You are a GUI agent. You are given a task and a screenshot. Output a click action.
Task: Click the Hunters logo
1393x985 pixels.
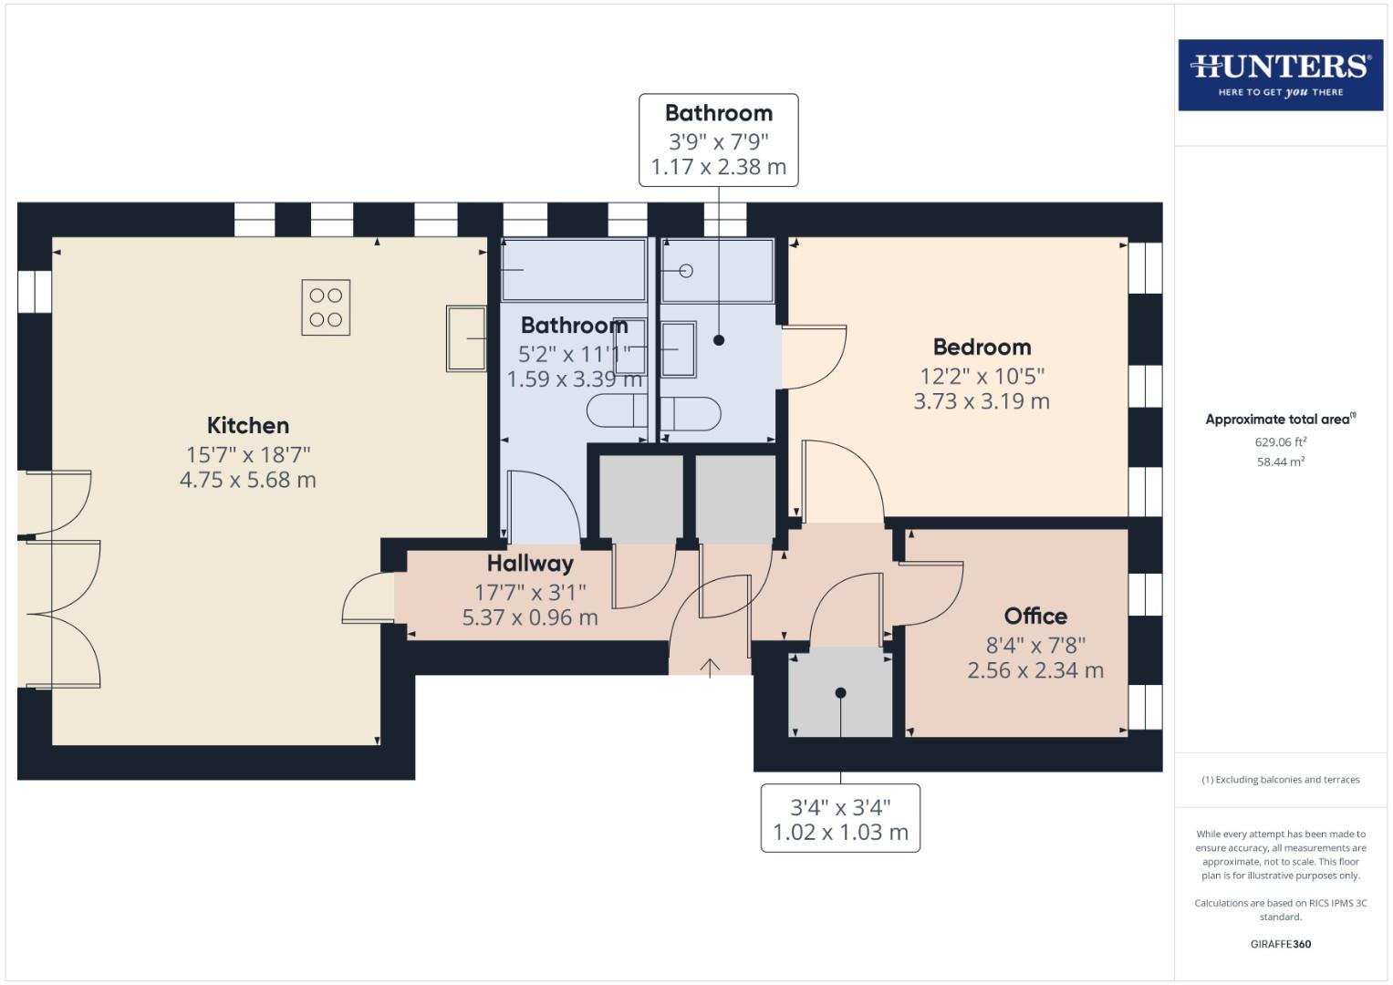pos(1280,75)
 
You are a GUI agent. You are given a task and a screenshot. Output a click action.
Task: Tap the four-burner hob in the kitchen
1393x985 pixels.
pos(326,307)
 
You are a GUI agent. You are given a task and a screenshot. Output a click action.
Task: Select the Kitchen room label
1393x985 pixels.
pos(248,425)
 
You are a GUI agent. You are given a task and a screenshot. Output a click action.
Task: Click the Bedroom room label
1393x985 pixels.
pos(982,347)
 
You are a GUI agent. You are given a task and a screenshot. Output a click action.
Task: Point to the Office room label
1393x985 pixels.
pos(1035,616)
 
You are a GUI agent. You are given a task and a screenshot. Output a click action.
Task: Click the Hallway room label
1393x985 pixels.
pos(530,564)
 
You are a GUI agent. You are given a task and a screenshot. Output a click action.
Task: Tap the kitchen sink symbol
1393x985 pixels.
pos(466,338)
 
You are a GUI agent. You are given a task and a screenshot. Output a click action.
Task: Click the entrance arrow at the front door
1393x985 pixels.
pos(710,667)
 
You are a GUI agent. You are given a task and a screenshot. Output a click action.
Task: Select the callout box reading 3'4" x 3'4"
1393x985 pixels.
pos(840,818)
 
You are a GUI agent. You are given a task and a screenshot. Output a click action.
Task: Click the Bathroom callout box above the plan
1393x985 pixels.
pos(718,140)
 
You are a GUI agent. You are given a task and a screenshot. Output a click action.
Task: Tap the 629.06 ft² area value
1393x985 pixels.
pos(1280,442)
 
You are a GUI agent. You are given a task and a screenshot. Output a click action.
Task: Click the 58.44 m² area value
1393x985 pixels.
pos(1280,462)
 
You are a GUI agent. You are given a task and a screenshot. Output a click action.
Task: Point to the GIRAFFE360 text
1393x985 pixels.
pos(1280,944)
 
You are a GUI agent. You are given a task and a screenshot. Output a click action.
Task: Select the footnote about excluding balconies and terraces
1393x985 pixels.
pos(1280,780)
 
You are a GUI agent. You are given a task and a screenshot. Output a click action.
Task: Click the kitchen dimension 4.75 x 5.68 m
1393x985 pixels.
pos(248,480)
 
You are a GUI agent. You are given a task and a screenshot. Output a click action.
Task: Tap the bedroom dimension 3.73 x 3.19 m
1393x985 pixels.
pos(982,401)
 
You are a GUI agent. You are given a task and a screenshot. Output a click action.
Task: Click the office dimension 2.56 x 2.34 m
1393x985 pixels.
pos(1035,670)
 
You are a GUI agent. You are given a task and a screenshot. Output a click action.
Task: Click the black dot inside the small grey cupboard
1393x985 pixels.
pos(840,693)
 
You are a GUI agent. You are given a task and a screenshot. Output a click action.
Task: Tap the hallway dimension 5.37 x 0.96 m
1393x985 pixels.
pos(530,617)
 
